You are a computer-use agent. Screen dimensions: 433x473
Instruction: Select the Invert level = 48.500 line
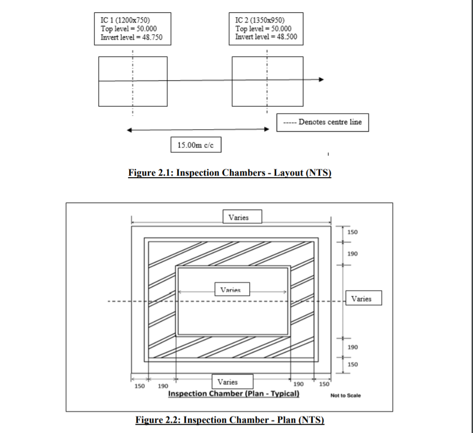click(x=266, y=37)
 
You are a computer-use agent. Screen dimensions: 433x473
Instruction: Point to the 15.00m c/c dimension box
click(x=196, y=145)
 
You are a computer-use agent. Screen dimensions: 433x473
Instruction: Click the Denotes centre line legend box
click(x=322, y=122)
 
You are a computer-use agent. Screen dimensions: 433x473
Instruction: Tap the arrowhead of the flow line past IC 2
click(x=321, y=79)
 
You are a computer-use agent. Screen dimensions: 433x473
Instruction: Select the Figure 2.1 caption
click(x=230, y=173)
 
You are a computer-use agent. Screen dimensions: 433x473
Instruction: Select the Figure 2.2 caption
click(x=230, y=420)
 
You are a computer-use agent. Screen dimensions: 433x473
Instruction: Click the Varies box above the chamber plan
click(x=242, y=217)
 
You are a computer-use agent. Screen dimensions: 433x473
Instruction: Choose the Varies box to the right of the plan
click(x=361, y=298)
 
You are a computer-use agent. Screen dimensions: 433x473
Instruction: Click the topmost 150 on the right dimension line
click(x=352, y=232)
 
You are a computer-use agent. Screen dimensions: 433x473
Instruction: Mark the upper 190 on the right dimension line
click(x=352, y=253)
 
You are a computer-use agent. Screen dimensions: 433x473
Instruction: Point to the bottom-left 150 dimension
click(x=140, y=386)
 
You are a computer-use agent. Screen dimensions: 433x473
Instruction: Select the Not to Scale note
click(x=345, y=395)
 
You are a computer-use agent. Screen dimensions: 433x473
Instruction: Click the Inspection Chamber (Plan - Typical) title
click(x=234, y=394)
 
